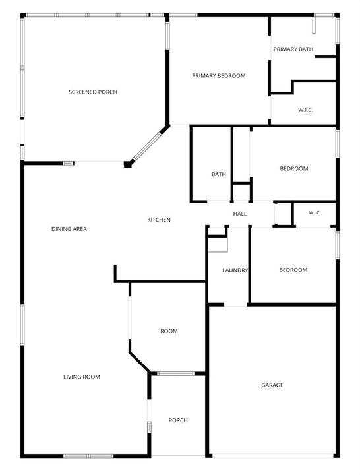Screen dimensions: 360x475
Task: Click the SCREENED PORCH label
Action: tap(93, 92)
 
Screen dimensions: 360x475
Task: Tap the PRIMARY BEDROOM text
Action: tap(219, 75)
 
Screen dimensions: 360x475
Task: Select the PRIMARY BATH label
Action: tap(293, 49)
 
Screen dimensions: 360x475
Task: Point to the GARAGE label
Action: tap(272, 385)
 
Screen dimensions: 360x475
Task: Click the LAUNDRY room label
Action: tap(235, 270)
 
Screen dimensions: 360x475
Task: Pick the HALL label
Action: tap(240, 214)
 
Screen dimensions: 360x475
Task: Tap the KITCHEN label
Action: tap(159, 220)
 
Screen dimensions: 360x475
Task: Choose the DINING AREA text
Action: tap(69, 229)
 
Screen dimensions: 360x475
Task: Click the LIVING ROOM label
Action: tap(82, 377)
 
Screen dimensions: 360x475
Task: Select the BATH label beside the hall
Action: tap(219, 174)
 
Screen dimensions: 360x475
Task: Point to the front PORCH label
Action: tap(178, 420)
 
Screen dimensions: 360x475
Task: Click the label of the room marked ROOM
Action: tap(169, 331)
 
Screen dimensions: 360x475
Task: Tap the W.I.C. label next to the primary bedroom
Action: tap(305, 110)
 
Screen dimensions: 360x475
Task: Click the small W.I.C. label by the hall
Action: tap(315, 213)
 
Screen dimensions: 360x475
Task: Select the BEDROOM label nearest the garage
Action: tap(293, 270)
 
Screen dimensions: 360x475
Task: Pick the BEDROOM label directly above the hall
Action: tap(293, 168)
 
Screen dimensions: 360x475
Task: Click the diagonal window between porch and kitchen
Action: tap(147, 146)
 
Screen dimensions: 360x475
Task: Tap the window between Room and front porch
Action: tap(175, 373)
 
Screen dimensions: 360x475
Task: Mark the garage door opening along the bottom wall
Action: tap(272, 456)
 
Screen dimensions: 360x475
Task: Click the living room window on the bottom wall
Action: tap(88, 456)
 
